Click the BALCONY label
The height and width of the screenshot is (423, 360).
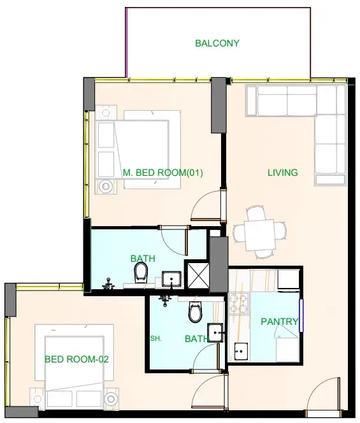217,43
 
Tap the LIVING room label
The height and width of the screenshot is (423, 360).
283,173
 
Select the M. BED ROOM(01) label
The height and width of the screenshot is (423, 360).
162,173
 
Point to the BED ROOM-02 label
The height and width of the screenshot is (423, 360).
76,359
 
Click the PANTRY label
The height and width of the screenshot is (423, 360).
279,321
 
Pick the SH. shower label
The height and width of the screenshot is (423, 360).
155,338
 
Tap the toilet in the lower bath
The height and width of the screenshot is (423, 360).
196,312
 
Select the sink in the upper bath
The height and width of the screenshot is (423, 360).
171,279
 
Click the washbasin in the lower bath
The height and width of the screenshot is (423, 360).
215,333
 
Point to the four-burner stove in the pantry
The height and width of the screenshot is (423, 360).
238,304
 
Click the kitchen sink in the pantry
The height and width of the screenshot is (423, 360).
241,352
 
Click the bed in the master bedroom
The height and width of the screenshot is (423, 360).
147,150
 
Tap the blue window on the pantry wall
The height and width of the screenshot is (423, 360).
301,315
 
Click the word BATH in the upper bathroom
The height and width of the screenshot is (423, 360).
143,259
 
